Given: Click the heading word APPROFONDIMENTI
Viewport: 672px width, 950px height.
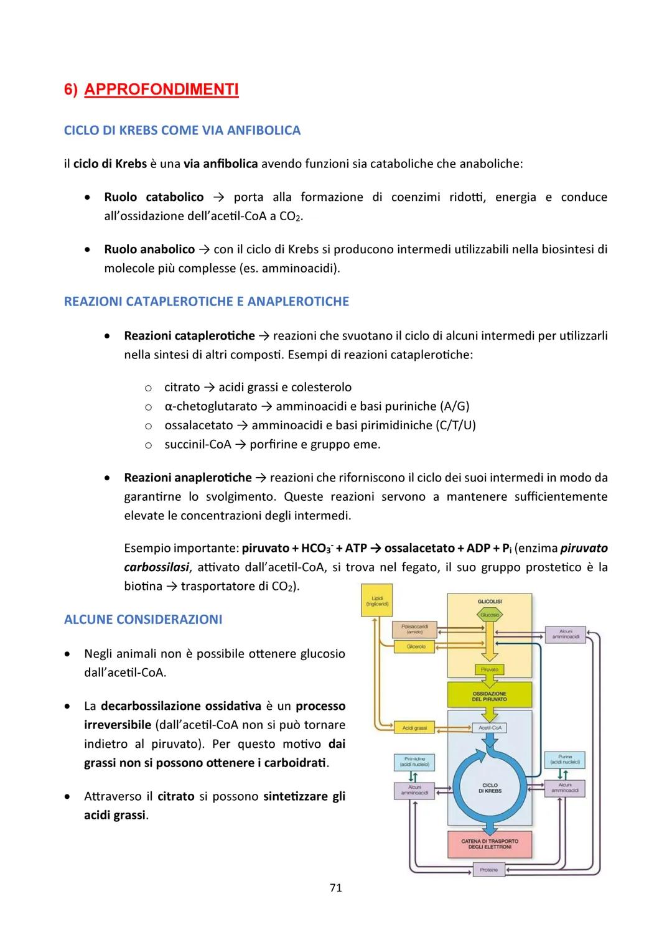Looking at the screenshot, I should [161, 90].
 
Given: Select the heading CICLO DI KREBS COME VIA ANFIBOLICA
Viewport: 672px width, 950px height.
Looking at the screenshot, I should [182, 131].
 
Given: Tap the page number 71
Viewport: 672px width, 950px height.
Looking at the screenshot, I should [335, 888].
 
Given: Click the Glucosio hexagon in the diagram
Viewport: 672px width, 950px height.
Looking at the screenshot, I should [490, 615].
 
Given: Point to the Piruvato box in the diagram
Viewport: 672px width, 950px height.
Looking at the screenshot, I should [490, 669].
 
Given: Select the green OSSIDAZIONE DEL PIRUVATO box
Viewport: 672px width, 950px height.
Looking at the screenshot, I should [490, 696].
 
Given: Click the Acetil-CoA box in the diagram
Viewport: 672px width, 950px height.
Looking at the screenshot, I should [490, 727].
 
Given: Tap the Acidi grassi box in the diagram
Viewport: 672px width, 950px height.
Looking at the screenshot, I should [414, 727].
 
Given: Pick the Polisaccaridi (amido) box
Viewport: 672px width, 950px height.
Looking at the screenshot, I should [414, 629].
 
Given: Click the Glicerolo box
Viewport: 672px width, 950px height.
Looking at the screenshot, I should [415, 646].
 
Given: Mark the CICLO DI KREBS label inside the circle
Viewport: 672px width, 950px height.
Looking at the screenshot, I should [490, 788].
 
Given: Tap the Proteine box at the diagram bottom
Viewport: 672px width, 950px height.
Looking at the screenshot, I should [489, 869].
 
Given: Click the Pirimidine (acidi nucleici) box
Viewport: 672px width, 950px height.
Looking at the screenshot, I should [414, 761].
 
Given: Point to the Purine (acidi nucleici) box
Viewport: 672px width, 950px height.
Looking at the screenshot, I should [565, 760].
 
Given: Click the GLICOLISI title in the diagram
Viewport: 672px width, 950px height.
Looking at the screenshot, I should [490, 602].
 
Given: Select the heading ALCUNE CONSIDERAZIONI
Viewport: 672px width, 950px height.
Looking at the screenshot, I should [143, 620].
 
